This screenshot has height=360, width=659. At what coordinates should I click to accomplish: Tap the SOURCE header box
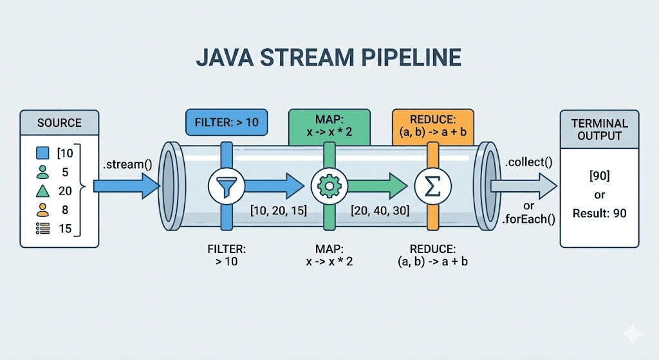59,122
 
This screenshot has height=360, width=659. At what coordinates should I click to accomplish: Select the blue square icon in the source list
42,153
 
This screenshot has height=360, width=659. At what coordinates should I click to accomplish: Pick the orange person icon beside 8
42,209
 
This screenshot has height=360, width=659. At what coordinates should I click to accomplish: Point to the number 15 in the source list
66,227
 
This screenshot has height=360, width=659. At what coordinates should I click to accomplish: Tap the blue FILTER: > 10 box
226,122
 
